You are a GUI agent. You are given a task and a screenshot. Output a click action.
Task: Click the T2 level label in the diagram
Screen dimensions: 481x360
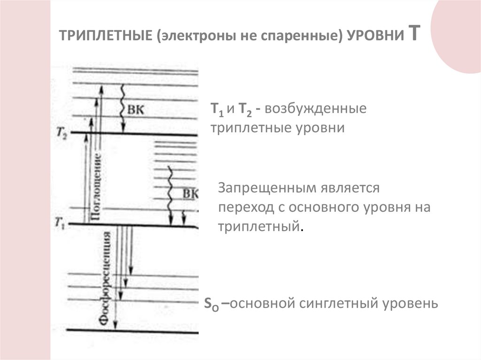pyautogui.click(x=62, y=134)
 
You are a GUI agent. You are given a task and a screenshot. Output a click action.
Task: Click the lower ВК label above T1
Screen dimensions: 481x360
pyautogui.click(x=190, y=194)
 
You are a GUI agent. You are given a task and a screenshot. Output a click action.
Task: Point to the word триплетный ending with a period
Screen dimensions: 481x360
pyautogui.click(x=260, y=227)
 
